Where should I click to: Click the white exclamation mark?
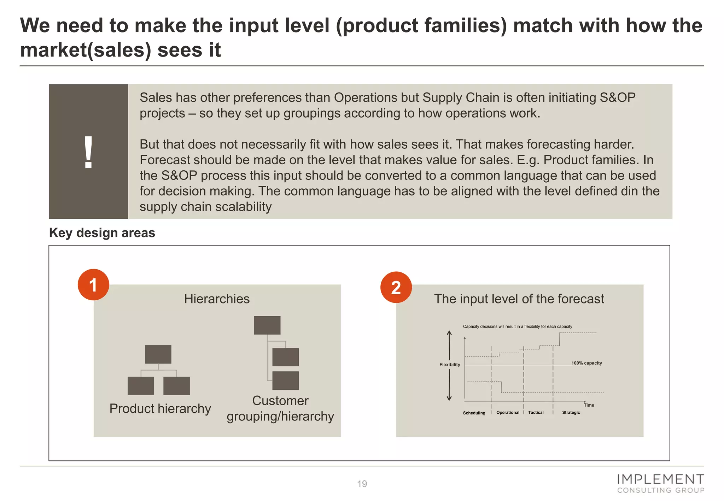coord(88,152)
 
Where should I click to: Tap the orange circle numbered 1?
coord(93,285)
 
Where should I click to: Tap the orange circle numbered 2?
coord(396,287)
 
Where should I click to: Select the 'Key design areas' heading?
coord(102,233)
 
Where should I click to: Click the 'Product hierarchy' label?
coord(160,408)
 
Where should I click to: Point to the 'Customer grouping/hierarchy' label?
coord(280,408)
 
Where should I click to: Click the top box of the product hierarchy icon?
coord(158,354)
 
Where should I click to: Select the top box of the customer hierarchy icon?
coord(267,325)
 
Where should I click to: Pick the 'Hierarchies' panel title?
coord(217,299)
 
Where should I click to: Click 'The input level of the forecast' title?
coord(519,299)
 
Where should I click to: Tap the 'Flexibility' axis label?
coord(450,365)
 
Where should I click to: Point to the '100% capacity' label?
coord(586,363)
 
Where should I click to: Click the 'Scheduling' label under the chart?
coord(474,413)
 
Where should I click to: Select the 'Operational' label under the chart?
coord(508,412)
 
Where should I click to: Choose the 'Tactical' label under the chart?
coord(536,412)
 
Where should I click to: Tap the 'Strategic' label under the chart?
coord(571,412)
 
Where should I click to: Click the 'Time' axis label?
coord(589,405)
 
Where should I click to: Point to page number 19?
coord(362,484)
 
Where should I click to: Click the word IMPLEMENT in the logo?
coord(660,479)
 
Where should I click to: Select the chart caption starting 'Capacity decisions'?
coord(518,326)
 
